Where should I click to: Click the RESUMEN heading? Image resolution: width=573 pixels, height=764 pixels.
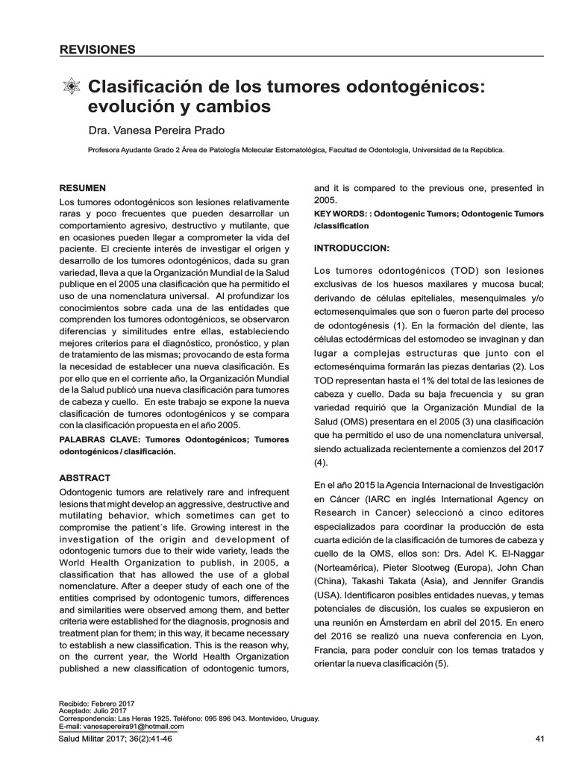82,188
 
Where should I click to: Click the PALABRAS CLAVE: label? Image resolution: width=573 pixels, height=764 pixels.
99,440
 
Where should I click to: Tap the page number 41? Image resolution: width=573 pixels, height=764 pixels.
542,739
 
